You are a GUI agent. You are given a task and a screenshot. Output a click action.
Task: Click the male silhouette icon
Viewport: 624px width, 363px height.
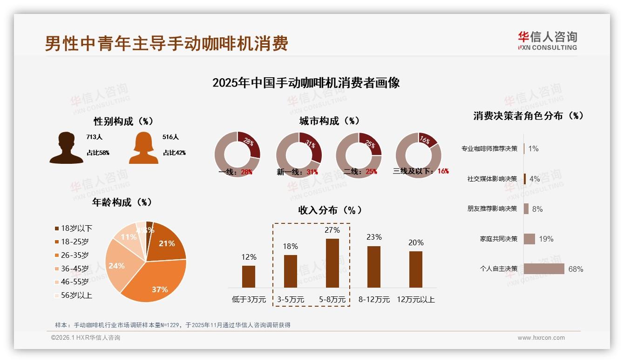(x=66, y=148)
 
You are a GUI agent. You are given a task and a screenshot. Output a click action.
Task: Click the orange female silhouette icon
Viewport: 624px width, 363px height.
(x=143, y=148)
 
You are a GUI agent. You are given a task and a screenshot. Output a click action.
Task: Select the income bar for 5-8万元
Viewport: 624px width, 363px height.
(x=332, y=263)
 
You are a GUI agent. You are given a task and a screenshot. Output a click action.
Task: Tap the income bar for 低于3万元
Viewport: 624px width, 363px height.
(x=249, y=276)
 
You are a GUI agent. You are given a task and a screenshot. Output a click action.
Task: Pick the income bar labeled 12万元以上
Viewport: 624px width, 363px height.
(x=415, y=269)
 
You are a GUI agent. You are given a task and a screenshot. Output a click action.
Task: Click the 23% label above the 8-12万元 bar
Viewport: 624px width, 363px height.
(x=374, y=237)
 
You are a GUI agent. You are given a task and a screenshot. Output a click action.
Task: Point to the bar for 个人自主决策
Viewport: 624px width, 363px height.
(x=543, y=269)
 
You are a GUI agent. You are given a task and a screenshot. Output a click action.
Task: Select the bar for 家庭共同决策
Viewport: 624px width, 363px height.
(x=529, y=239)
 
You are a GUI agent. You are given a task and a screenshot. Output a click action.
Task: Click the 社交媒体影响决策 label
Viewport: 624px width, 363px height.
(x=492, y=179)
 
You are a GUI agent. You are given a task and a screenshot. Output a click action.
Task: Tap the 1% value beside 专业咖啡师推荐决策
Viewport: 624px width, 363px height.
(x=533, y=148)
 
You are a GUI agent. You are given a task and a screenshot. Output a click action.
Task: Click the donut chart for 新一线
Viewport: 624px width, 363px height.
(x=298, y=155)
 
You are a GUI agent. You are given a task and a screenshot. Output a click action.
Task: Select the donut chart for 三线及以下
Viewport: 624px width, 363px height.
(x=418, y=155)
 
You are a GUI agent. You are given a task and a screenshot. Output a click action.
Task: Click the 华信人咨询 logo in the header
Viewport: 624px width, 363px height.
(x=547, y=40)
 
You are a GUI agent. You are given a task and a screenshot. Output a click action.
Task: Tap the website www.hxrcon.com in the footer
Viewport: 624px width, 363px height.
(x=541, y=338)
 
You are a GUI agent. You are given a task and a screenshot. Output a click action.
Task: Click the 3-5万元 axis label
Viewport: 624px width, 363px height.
(x=291, y=300)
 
